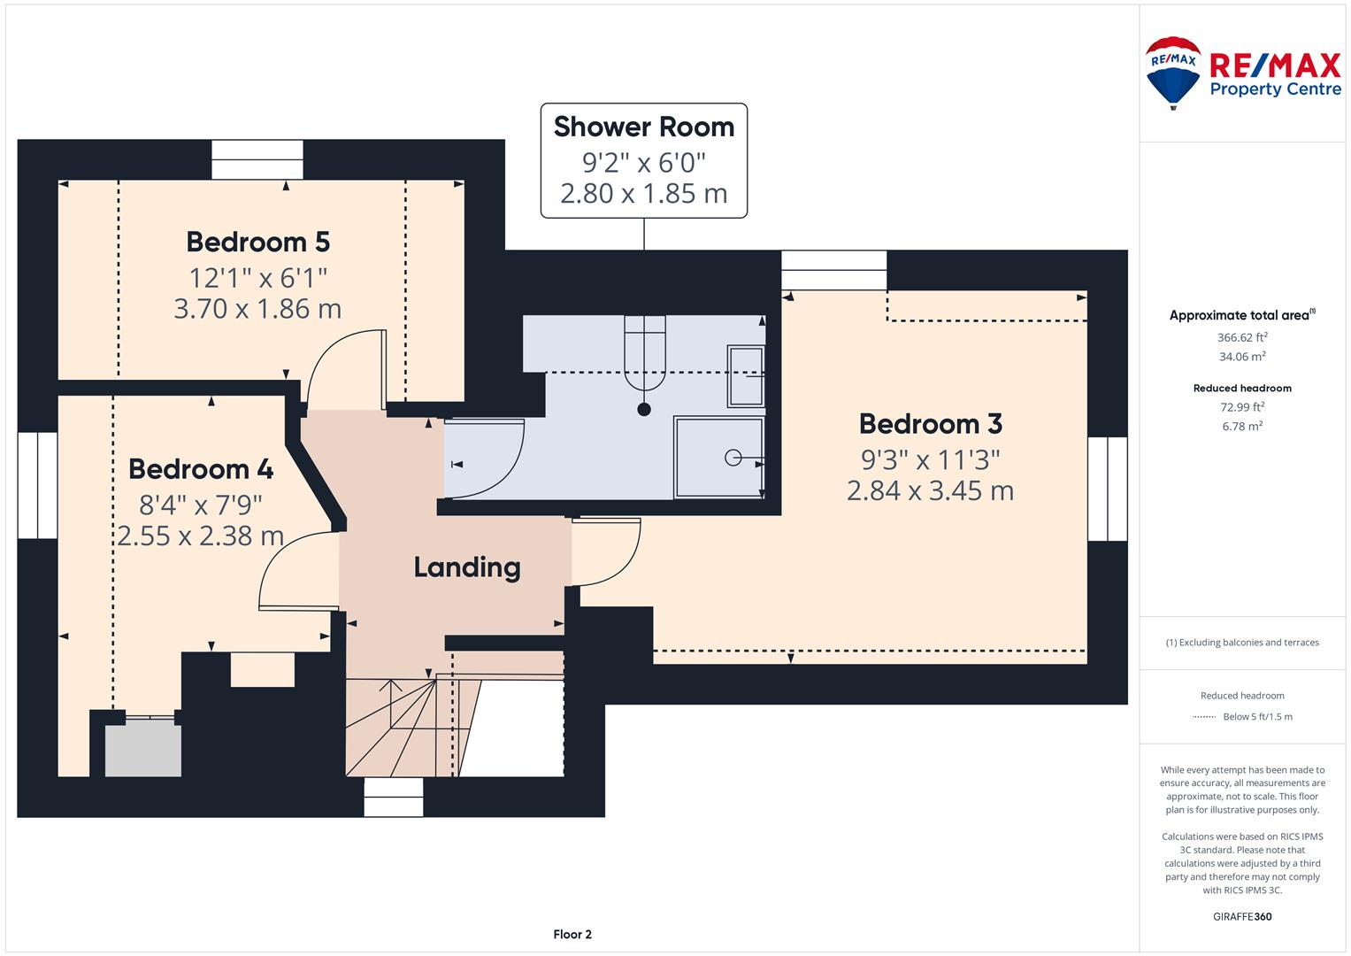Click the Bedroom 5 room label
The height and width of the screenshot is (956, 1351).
click(x=258, y=242)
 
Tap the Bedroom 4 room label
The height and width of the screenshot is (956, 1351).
click(x=201, y=469)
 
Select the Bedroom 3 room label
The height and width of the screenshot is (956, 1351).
click(x=931, y=424)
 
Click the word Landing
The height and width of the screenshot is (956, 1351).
click(x=467, y=567)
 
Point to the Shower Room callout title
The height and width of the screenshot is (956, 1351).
click(x=644, y=127)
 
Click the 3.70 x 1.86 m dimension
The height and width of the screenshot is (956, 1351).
click(x=257, y=309)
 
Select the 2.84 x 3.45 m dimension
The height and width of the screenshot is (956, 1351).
click(x=930, y=490)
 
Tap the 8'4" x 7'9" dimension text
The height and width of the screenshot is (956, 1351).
click(x=201, y=505)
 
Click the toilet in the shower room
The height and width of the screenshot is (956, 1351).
click(x=645, y=354)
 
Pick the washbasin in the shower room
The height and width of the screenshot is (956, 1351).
click(x=746, y=375)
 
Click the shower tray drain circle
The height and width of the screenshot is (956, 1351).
click(x=733, y=459)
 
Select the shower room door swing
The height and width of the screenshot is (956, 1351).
click(x=484, y=459)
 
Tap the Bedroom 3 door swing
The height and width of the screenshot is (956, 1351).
click(x=606, y=551)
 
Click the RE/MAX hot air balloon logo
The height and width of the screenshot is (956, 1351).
click(x=1173, y=73)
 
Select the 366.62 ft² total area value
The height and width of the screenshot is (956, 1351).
click(x=1242, y=337)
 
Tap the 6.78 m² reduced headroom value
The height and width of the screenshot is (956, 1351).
click(x=1242, y=426)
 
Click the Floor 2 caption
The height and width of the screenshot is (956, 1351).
click(x=572, y=934)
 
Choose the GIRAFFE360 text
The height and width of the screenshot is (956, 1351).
click(x=1242, y=916)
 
